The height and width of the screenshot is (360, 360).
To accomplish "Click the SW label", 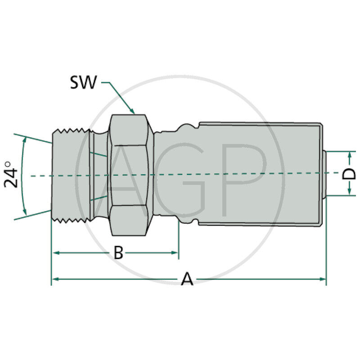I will tap(83, 82).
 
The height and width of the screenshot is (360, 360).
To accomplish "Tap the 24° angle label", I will tap(12, 175).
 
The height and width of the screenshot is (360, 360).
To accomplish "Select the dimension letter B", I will tap(118, 253).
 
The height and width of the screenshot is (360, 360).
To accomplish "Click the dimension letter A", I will tap(187, 279).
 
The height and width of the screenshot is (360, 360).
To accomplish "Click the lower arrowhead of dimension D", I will tap(350, 193).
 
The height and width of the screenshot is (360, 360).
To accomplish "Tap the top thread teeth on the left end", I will tap(72, 131).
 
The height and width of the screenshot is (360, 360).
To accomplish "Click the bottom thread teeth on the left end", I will tap(72, 219).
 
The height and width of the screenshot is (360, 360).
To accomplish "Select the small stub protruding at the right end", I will tap(325, 174).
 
